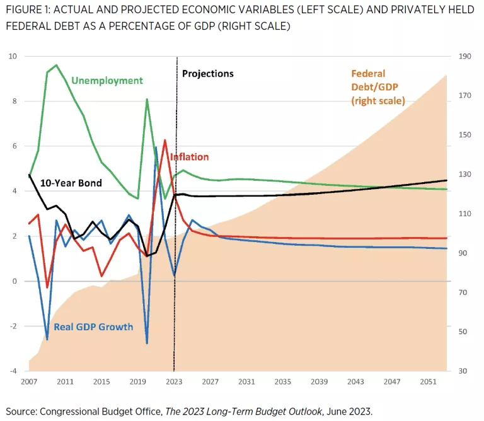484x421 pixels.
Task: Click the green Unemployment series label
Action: [107, 81]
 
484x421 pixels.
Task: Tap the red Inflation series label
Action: [188, 157]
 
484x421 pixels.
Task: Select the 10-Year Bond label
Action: [71, 183]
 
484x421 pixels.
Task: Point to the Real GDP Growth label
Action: [93, 326]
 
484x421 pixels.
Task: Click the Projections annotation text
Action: [208, 74]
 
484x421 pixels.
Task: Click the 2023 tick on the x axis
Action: [174, 382]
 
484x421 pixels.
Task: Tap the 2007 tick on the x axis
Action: [30, 382]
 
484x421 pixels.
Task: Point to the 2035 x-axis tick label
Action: [282, 382]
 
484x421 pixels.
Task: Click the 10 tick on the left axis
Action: [13, 57]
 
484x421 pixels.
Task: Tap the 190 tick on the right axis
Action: [465, 57]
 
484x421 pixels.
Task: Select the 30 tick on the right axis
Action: [463, 371]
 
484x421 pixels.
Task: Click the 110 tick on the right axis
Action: [465, 214]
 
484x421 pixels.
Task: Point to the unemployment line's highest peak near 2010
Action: [57, 65]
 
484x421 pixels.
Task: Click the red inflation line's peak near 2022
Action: [165, 140]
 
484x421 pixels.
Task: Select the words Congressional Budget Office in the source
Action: [101, 412]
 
